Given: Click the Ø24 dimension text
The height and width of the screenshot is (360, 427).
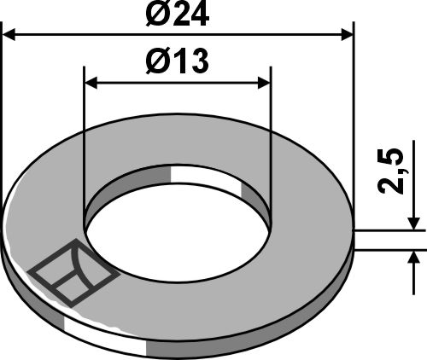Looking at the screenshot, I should tap(178, 15).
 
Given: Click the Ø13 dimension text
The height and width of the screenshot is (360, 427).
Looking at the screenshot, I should tap(178, 62).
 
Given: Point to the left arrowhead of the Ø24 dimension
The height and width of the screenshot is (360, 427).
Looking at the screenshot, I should tap(12, 33).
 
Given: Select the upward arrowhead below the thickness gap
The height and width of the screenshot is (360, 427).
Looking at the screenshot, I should tap(414, 258).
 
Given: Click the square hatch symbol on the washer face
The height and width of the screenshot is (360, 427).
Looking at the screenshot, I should tap(74, 272).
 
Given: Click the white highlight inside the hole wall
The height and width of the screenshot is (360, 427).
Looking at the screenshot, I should tap(206, 182).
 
